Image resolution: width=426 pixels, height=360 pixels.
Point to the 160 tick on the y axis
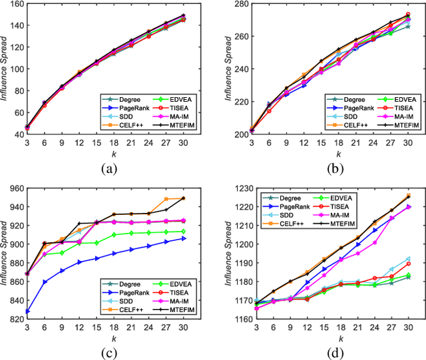14,5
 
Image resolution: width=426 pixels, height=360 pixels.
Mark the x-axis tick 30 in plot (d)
408,328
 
